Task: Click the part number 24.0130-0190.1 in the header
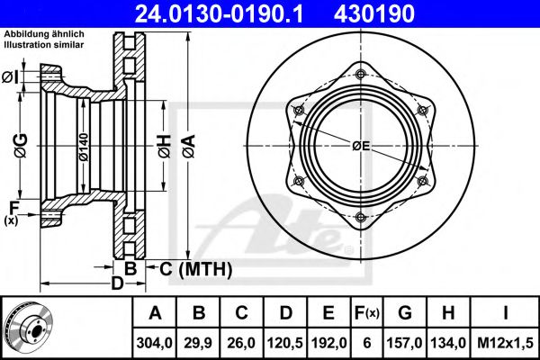220,13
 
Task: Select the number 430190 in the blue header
374,13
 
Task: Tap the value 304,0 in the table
154,343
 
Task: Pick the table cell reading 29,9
198,343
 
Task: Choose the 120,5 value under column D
285,343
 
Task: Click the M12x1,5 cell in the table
505,343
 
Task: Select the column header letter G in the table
405,313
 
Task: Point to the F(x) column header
367,313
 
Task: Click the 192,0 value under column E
328,343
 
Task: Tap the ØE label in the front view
361,146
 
